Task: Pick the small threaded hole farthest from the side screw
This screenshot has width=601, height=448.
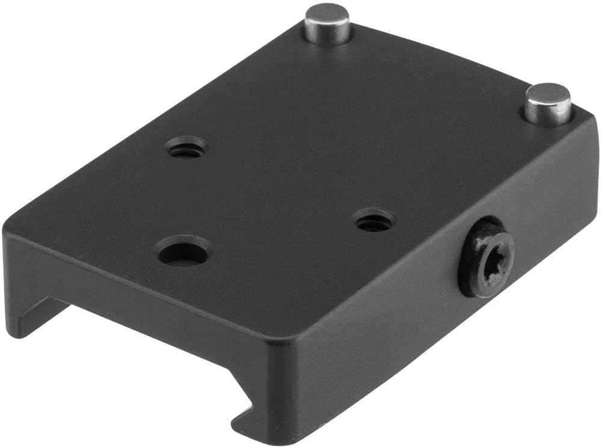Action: coord(186,147)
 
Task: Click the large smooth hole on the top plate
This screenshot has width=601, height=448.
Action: coord(185,252)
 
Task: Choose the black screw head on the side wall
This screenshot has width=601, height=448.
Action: coord(486,259)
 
